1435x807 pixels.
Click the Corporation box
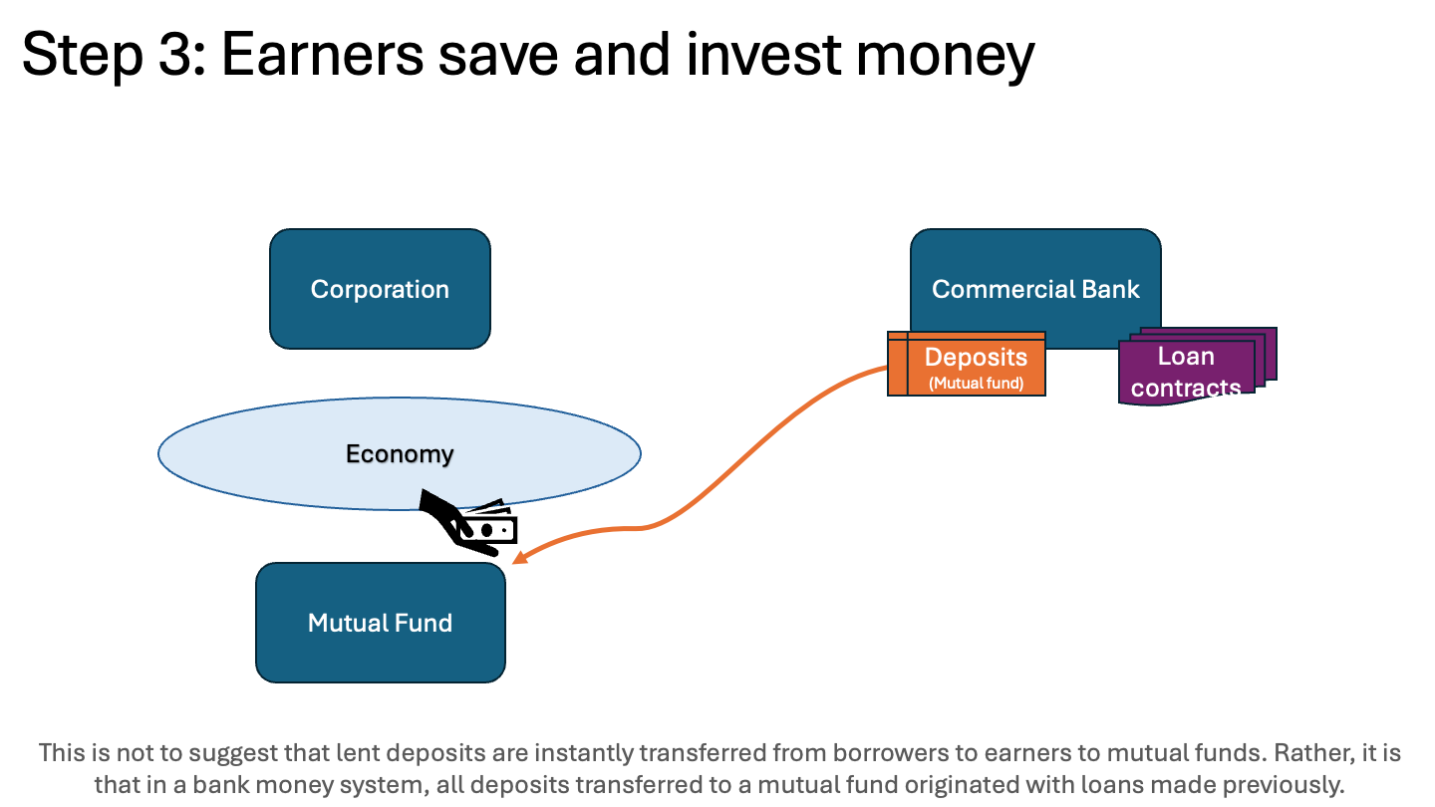(380, 289)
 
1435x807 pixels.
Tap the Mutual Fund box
(380, 623)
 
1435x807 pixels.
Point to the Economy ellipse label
(400, 454)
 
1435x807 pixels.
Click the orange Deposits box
(975, 365)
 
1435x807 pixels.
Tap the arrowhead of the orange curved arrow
(518, 560)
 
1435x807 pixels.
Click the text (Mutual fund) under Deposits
(976, 383)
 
